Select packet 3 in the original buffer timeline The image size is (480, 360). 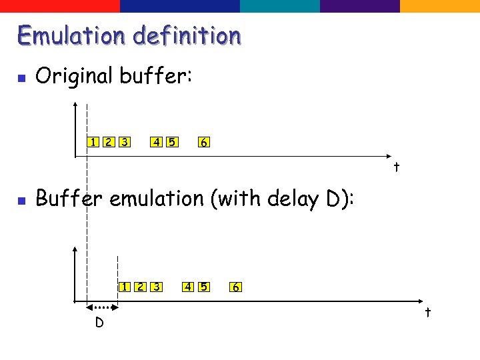coord(124,141)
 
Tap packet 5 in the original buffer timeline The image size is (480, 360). coord(172,141)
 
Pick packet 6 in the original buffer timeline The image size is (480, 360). coord(204,142)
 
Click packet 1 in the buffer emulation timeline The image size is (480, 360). coord(125,287)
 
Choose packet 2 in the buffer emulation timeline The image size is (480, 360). coord(140,287)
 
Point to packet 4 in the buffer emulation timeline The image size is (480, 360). coord(189,287)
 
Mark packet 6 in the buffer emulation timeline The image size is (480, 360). coord(236,287)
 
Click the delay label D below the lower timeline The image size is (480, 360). coord(99,323)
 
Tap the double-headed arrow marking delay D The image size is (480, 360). coord(102,307)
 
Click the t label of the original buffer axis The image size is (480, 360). coord(396,167)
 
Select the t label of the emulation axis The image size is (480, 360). coord(428,312)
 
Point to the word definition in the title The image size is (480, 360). coord(187,35)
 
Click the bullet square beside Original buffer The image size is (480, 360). coord(21,78)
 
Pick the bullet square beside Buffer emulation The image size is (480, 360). coord(21,200)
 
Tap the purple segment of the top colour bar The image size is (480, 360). coord(360,6)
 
